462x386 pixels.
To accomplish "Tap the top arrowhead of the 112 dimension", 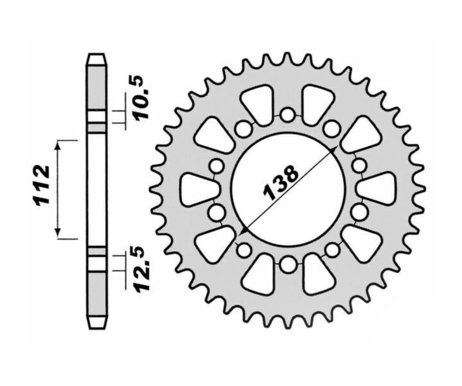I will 60,144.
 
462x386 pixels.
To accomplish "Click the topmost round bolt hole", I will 288,115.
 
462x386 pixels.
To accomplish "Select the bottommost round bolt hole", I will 288,265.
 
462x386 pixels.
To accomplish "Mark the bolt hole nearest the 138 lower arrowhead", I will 243,250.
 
